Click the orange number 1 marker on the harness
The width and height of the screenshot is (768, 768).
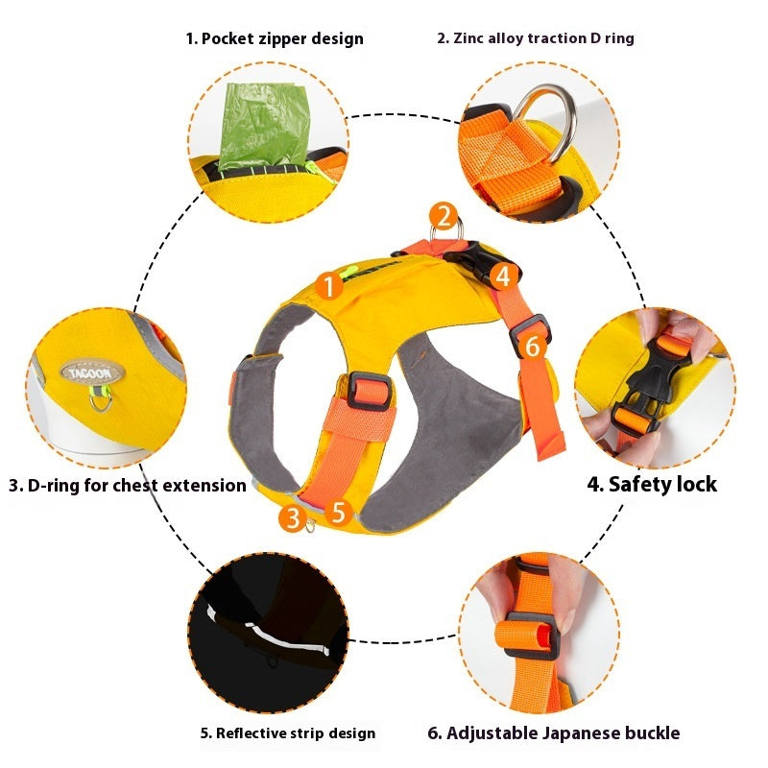(329, 285)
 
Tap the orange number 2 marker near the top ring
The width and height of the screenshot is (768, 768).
(442, 215)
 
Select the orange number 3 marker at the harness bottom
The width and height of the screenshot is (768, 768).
(293, 518)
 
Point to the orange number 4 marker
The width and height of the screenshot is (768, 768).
(504, 276)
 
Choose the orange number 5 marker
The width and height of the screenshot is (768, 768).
(337, 512)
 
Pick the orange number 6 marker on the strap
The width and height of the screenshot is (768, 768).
(534, 345)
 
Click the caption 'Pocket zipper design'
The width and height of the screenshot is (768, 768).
(275, 39)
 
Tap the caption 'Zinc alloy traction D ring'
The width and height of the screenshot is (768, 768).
(536, 38)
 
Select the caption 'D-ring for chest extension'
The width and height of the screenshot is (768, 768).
(128, 485)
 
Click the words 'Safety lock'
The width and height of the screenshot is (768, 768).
(652, 484)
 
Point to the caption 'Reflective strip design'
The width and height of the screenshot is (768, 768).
(288, 733)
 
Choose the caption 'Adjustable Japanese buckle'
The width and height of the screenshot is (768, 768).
(553, 733)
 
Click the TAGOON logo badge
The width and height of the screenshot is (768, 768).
(87, 372)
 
